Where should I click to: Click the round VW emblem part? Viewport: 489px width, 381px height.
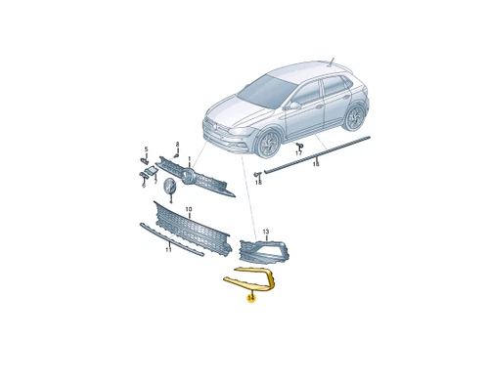(170, 187)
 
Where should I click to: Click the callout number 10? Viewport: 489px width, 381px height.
(189, 208)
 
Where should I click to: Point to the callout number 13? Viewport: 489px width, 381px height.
(264, 230)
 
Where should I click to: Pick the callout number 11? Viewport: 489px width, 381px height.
(167, 250)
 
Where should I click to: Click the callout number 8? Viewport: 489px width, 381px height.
(176, 144)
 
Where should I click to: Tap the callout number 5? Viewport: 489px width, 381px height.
(146, 149)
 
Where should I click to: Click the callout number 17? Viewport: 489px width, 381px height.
(298, 154)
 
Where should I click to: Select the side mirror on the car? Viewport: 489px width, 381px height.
(294, 103)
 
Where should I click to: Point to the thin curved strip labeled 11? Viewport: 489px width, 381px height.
(171, 242)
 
